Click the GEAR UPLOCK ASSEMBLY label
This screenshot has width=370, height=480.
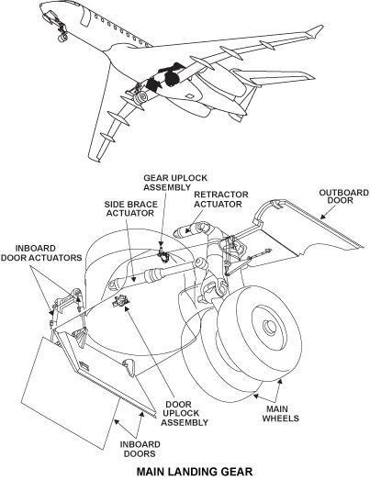pyautogui.click(x=175, y=183)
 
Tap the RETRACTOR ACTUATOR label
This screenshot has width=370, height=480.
pyautogui.click(x=221, y=199)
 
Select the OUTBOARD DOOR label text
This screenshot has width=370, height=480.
pyautogui.click(x=344, y=196)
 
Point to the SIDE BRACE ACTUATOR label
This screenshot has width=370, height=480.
pyautogui.click(x=130, y=208)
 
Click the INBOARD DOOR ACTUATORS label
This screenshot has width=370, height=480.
pyautogui.click(x=41, y=253)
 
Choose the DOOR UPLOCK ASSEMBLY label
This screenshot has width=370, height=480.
pyautogui.click(x=185, y=413)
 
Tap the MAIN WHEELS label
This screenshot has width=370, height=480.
pyautogui.click(x=280, y=414)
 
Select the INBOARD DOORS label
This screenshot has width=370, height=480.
pyautogui.click(x=140, y=449)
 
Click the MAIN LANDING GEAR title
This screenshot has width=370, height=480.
pyautogui.click(x=195, y=472)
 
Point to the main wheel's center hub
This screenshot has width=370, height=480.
pyautogui.click(x=270, y=327)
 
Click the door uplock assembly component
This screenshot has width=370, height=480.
pyautogui.click(x=121, y=301)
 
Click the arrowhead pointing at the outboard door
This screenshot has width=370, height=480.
pyautogui.click(x=322, y=216)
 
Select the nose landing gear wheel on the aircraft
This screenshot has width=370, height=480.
pyautogui.click(x=63, y=37)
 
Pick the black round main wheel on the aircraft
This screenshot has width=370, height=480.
pyautogui.click(x=172, y=78)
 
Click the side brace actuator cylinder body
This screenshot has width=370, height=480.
pyautogui.click(x=158, y=273)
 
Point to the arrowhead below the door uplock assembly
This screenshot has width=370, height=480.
pyautogui.click(x=126, y=307)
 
